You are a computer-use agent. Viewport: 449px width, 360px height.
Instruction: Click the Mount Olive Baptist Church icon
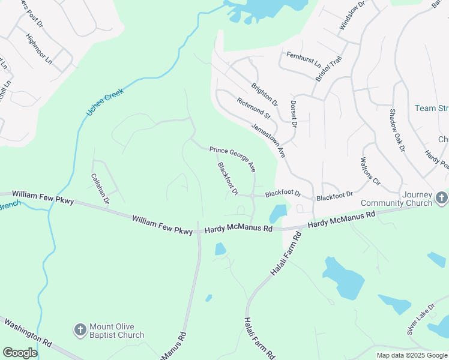80,329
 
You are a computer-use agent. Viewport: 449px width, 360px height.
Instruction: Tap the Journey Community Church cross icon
441,197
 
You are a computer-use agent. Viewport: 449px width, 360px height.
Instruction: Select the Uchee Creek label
104,101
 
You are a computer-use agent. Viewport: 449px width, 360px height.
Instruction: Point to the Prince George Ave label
233,158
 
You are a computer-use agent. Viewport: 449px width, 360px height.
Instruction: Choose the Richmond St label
254,108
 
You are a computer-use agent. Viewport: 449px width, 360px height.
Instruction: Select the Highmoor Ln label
39,49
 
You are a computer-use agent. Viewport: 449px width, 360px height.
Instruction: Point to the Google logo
20,353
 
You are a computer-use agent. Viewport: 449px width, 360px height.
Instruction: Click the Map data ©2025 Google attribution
412,355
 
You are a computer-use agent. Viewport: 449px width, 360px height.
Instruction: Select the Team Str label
432,109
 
